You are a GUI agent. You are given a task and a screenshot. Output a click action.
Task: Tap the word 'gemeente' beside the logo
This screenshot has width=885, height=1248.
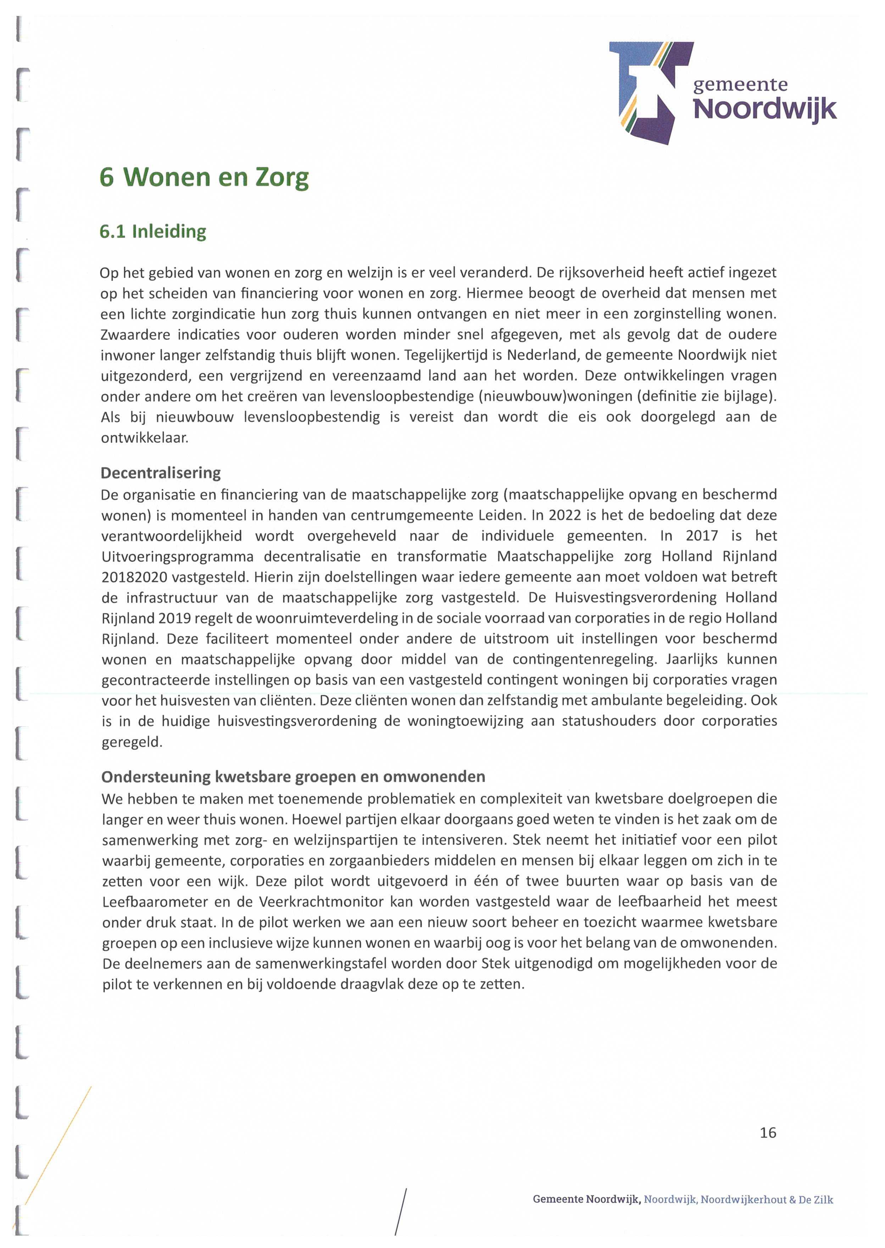click(740, 84)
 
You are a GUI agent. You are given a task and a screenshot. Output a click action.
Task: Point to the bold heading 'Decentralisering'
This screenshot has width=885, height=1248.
click(161, 473)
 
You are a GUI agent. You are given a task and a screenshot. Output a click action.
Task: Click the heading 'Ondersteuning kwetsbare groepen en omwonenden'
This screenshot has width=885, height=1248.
click(293, 776)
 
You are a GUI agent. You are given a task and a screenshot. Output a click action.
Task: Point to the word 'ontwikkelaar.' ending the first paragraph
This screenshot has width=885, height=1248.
click(144, 438)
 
